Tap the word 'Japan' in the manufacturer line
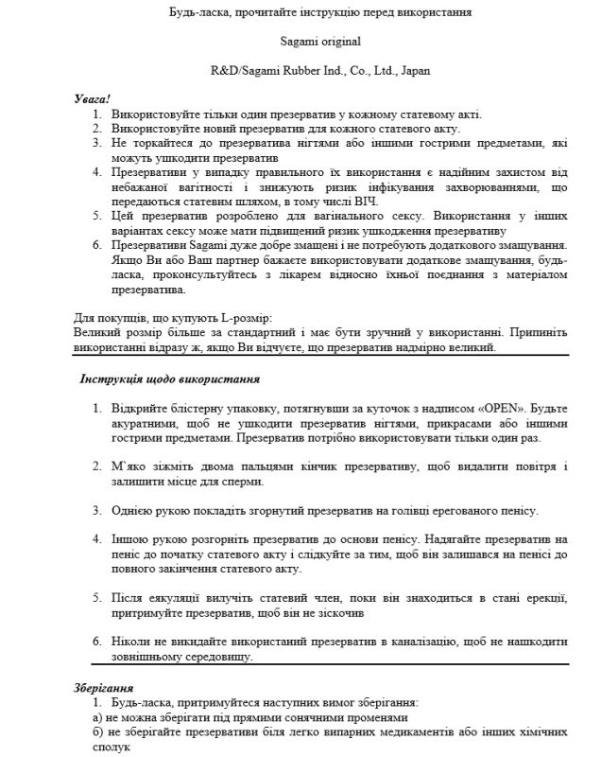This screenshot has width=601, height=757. [412, 71]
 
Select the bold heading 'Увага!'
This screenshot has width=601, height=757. [93, 98]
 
